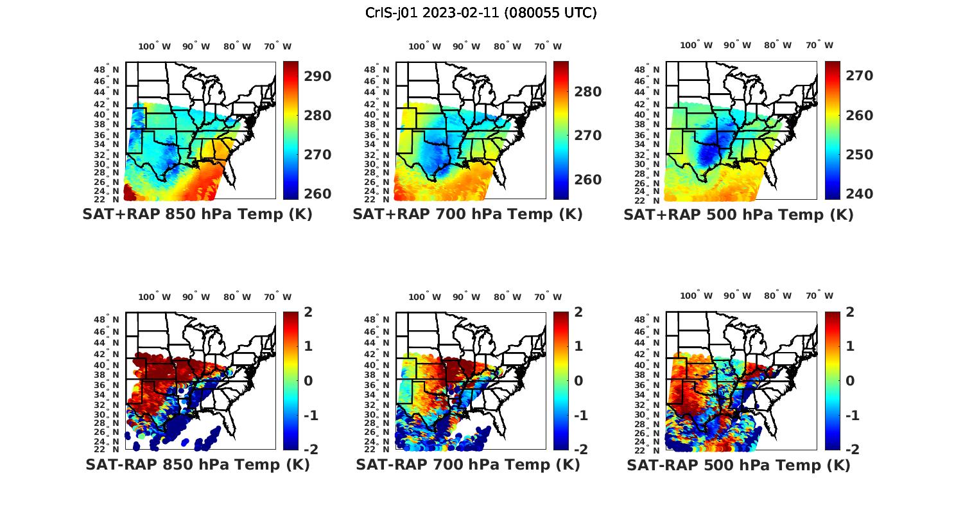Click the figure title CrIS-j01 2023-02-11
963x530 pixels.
click(481, 13)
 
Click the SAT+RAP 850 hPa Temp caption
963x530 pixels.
click(197, 215)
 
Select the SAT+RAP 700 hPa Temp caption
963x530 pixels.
click(467, 215)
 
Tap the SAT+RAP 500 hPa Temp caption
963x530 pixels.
click(738, 215)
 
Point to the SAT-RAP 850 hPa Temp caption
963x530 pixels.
click(197, 465)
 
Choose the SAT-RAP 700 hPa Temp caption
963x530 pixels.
click(467, 465)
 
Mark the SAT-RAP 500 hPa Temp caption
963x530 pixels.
click(738, 466)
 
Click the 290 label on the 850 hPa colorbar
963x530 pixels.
click(318, 76)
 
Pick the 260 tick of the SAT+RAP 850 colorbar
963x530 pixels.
click(318, 194)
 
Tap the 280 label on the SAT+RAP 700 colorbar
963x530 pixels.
click(588, 92)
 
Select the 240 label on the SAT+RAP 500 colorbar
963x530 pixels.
click(859, 194)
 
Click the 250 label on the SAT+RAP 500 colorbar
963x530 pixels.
click(859, 155)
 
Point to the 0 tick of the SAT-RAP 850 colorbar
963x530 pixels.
click(308, 380)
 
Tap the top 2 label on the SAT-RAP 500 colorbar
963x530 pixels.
click(849, 312)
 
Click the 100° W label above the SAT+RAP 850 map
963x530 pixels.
click(155, 46)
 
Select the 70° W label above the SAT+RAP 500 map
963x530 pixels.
click(820, 45)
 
